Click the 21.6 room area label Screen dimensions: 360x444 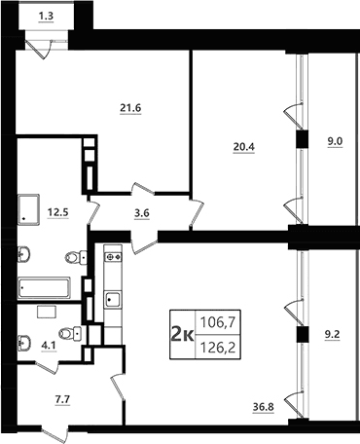pyautogui.click(x=130, y=108)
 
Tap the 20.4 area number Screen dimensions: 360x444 pyautogui.click(x=244, y=147)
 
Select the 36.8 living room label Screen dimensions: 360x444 pyautogui.click(x=264, y=406)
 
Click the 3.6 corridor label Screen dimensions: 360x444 pyautogui.click(x=142, y=214)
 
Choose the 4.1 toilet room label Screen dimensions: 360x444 pyautogui.click(x=49, y=346)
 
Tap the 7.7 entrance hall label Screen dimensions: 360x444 pyautogui.click(x=62, y=399)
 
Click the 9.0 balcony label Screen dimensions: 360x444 pyautogui.click(x=335, y=141)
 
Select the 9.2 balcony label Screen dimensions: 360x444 pyautogui.click(x=333, y=334)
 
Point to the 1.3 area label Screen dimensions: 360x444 pyautogui.click(x=46, y=16)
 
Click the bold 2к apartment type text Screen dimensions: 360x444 pyautogui.click(x=182, y=334)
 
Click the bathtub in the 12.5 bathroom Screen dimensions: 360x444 pyautogui.click(x=44, y=287)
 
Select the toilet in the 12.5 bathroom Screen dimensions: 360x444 pyautogui.click(x=76, y=258)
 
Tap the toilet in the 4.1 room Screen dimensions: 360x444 pyautogui.click(x=70, y=333)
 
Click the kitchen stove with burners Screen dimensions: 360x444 pyautogui.click(x=113, y=257)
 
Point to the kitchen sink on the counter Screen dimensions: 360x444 pyautogui.click(x=113, y=300)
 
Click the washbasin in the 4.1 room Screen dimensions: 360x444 pyautogui.click(x=24, y=342)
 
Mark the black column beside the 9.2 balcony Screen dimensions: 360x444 pyautogui.click(x=303, y=335)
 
